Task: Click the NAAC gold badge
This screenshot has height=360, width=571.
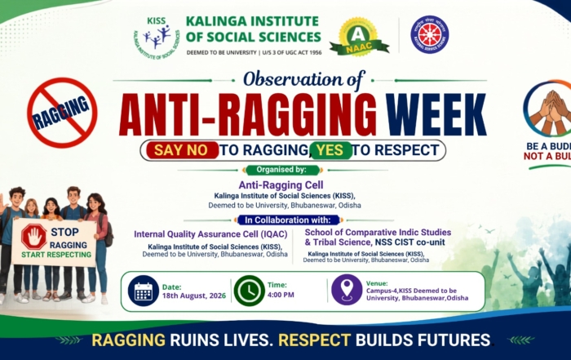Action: click(359, 37)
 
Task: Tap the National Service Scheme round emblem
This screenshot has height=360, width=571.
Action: click(430, 34)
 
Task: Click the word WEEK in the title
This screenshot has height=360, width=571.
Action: click(436, 114)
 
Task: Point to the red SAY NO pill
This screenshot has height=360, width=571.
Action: click(182, 150)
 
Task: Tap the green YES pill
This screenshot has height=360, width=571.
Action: click(330, 150)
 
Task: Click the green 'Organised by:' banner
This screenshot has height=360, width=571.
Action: click(282, 170)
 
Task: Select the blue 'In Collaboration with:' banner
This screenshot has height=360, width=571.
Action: click(288, 220)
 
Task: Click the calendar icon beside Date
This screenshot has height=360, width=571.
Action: click(143, 291)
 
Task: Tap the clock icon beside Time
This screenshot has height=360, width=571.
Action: click(250, 291)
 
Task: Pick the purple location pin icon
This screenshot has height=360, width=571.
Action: click(347, 289)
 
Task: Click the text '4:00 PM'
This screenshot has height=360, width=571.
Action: click(281, 295)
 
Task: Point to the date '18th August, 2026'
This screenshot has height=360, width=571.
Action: click(194, 296)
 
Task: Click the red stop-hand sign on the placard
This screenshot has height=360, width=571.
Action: click(34, 237)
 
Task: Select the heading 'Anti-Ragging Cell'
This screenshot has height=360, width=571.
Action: click(281, 185)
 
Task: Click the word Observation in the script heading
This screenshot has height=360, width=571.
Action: click(293, 79)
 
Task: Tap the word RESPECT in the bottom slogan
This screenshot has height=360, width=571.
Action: click(314, 340)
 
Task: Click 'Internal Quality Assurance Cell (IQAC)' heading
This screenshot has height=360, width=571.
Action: click(210, 234)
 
